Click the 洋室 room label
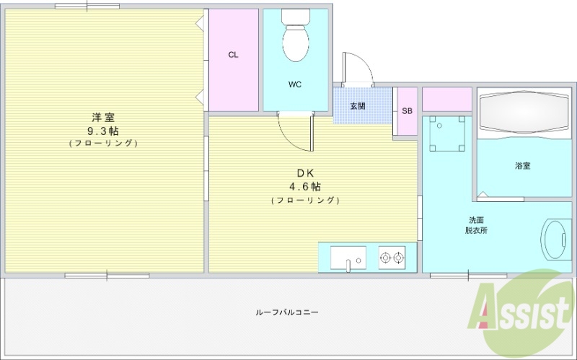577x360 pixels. click(102, 117)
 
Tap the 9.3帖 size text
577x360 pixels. click(102, 131)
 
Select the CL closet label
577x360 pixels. click(233, 55)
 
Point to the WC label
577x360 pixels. click(295, 84)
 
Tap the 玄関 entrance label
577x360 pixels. click(358, 106)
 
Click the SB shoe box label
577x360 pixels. click(407, 111)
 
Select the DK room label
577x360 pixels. click(305, 173)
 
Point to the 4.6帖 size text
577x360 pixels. click(305, 186)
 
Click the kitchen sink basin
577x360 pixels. click(348, 257)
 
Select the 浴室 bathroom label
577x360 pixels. click(523, 166)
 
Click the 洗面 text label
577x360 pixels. click(476, 220)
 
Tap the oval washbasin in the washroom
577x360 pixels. click(555, 240)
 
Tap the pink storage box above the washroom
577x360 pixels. click(446, 99)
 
